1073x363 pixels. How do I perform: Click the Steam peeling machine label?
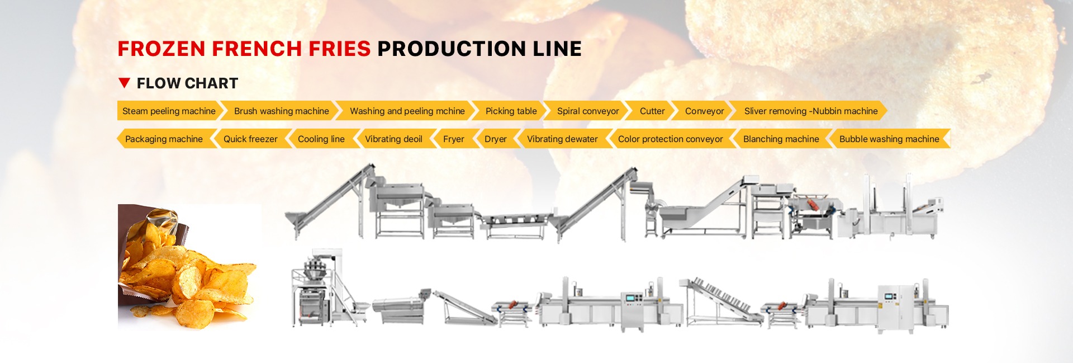coord(169,111)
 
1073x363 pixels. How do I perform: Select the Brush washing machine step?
coord(281,111)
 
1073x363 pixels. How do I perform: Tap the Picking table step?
coord(511,111)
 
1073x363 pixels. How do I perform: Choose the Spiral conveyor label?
coord(588,111)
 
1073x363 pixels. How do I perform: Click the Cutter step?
coord(652,111)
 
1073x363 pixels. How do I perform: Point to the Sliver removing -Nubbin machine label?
coord(810,111)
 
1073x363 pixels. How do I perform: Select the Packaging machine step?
coord(164,139)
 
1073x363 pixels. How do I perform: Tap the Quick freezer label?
coord(250,139)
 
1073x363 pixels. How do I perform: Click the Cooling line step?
coord(321,139)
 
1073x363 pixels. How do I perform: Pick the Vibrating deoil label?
coord(393,139)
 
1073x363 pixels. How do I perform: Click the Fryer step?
coord(453,139)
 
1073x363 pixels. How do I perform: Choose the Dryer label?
coord(495,139)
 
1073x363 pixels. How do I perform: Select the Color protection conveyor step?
coord(670,139)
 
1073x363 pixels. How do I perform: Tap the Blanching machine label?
coord(781,139)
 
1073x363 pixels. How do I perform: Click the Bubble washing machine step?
coord(889,139)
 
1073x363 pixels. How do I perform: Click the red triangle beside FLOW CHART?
coord(125,83)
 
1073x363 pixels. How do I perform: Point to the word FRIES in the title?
coord(339,49)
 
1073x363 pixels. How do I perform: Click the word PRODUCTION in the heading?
coord(452,49)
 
